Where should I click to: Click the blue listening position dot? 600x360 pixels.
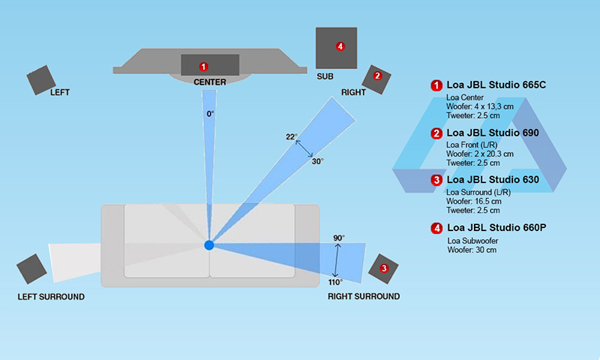tap(209, 245)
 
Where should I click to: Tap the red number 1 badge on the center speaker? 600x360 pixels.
tap(203, 67)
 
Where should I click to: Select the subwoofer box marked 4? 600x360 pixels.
tap(336, 48)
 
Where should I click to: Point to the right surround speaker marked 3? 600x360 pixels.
tap(384, 268)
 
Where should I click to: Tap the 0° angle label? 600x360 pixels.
tap(211, 114)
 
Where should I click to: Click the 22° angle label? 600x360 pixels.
tap(292, 136)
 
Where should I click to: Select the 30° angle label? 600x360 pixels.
tap(317, 161)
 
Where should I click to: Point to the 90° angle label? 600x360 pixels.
tap(338, 238)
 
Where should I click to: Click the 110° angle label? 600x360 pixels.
tap(335, 282)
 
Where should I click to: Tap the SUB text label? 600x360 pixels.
tap(325, 76)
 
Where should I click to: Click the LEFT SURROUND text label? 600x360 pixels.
tap(51, 297)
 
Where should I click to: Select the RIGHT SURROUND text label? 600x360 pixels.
tap(364, 297)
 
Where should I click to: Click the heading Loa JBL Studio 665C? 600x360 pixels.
tap(496, 85)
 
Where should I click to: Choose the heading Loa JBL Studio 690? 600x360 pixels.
tap(492, 133)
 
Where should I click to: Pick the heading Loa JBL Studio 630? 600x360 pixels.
tap(492, 180)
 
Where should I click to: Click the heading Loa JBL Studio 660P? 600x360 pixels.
tap(496, 227)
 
